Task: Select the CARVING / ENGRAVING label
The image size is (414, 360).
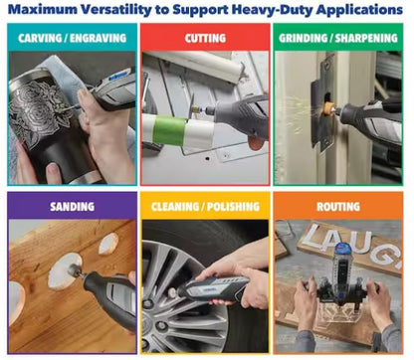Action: (x=70, y=38)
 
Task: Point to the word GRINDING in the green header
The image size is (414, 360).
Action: (x=304, y=38)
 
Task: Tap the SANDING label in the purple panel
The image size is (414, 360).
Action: (x=70, y=207)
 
